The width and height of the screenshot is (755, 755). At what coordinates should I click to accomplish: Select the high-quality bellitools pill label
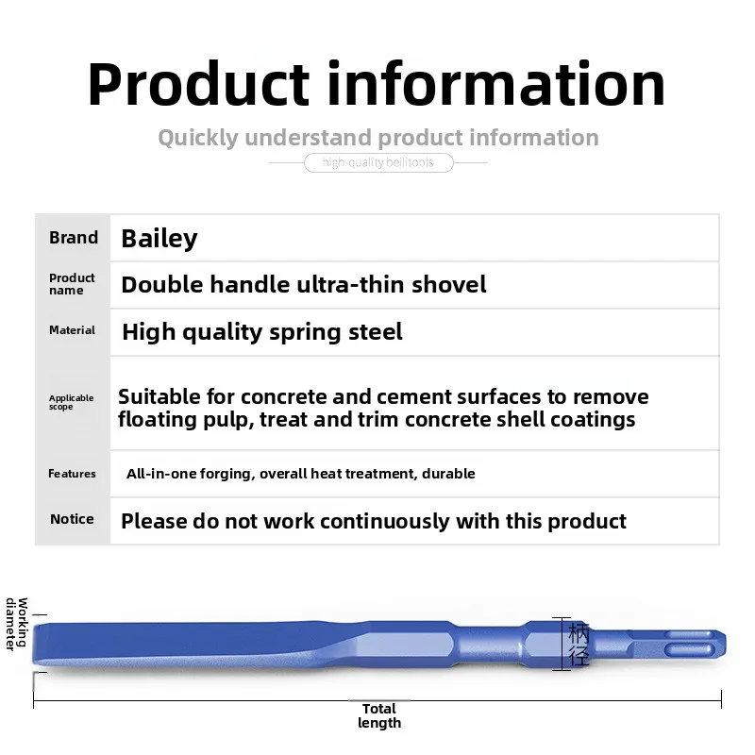[x=377, y=163]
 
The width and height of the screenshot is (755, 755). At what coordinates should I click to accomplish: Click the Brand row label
[x=74, y=238]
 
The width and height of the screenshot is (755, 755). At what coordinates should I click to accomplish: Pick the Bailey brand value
[x=159, y=238]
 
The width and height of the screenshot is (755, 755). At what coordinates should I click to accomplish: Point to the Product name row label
[x=73, y=284]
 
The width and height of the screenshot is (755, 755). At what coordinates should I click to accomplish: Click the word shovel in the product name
[x=444, y=284]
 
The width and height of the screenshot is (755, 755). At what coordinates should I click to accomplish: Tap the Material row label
[x=73, y=330]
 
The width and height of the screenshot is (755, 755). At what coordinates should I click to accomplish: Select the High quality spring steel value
[x=262, y=331]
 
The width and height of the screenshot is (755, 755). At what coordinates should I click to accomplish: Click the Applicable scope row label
[x=72, y=403]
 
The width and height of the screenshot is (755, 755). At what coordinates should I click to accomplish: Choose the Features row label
[x=73, y=474]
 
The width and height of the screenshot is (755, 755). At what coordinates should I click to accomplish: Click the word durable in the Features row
[x=448, y=474]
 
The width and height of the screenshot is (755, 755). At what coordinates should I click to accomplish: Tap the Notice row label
[x=73, y=519]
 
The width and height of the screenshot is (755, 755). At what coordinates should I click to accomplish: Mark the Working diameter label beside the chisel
[x=16, y=624]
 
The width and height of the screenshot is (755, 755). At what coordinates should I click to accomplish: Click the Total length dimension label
[x=379, y=715]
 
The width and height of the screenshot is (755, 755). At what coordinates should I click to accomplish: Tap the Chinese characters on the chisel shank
[x=579, y=644]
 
